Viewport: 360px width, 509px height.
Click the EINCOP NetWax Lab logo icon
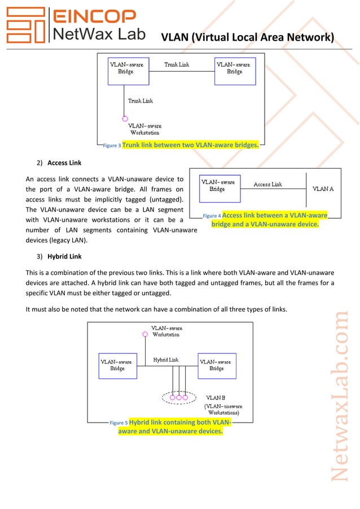(x=26, y=26)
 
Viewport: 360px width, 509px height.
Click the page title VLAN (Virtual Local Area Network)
(x=248, y=38)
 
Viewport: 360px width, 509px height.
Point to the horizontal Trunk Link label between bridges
(x=177, y=65)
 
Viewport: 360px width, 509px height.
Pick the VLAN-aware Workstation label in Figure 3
(x=145, y=129)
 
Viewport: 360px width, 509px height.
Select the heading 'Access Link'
(x=64, y=163)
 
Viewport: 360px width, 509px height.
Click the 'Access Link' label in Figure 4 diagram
(x=267, y=185)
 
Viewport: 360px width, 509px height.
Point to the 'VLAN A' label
(x=323, y=188)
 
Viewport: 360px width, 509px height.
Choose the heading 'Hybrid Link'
(x=64, y=256)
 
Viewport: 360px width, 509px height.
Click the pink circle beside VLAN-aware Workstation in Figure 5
(x=145, y=334)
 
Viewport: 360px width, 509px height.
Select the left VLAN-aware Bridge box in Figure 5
(x=117, y=366)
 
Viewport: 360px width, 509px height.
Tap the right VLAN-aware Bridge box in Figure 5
(x=217, y=366)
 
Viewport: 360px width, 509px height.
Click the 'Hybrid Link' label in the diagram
(x=166, y=359)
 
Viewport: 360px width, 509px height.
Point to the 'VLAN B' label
(x=216, y=398)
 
